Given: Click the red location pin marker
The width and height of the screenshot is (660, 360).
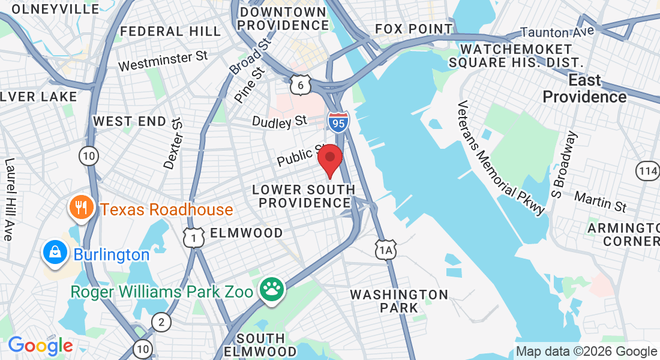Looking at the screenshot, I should click(x=329, y=159).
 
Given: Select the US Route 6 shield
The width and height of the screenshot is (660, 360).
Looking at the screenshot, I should click(x=301, y=85).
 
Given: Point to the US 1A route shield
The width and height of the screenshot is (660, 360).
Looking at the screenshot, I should click(x=386, y=249).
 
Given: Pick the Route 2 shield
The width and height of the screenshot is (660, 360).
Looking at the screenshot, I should click(x=160, y=322).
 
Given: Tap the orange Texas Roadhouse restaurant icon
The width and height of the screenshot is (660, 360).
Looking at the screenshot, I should click(x=80, y=208).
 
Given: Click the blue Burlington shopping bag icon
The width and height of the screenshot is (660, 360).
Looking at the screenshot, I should click(x=55, y=253).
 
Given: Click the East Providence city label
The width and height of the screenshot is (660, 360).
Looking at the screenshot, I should click(x=584, y=89).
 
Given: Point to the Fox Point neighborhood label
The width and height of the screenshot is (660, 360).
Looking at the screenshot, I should click(x=413, y=29).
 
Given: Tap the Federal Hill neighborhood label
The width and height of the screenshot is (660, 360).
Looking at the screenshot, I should click(x=161, y=31).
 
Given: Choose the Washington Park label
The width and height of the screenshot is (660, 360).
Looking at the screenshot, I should click(x=399, y=301).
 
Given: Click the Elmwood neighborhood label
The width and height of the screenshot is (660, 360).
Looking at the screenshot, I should click(x=246, y=233).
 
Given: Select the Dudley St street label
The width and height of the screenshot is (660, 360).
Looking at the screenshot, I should click(x=280, y=122).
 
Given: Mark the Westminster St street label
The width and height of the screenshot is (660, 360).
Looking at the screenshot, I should click(x=163, y=61).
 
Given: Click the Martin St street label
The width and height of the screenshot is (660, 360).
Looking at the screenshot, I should click(x=600, y=201).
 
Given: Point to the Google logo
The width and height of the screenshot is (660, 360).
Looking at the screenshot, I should click(x=40, y=346).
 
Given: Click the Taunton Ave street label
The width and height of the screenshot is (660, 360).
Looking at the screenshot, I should click(x=557, y=31).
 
